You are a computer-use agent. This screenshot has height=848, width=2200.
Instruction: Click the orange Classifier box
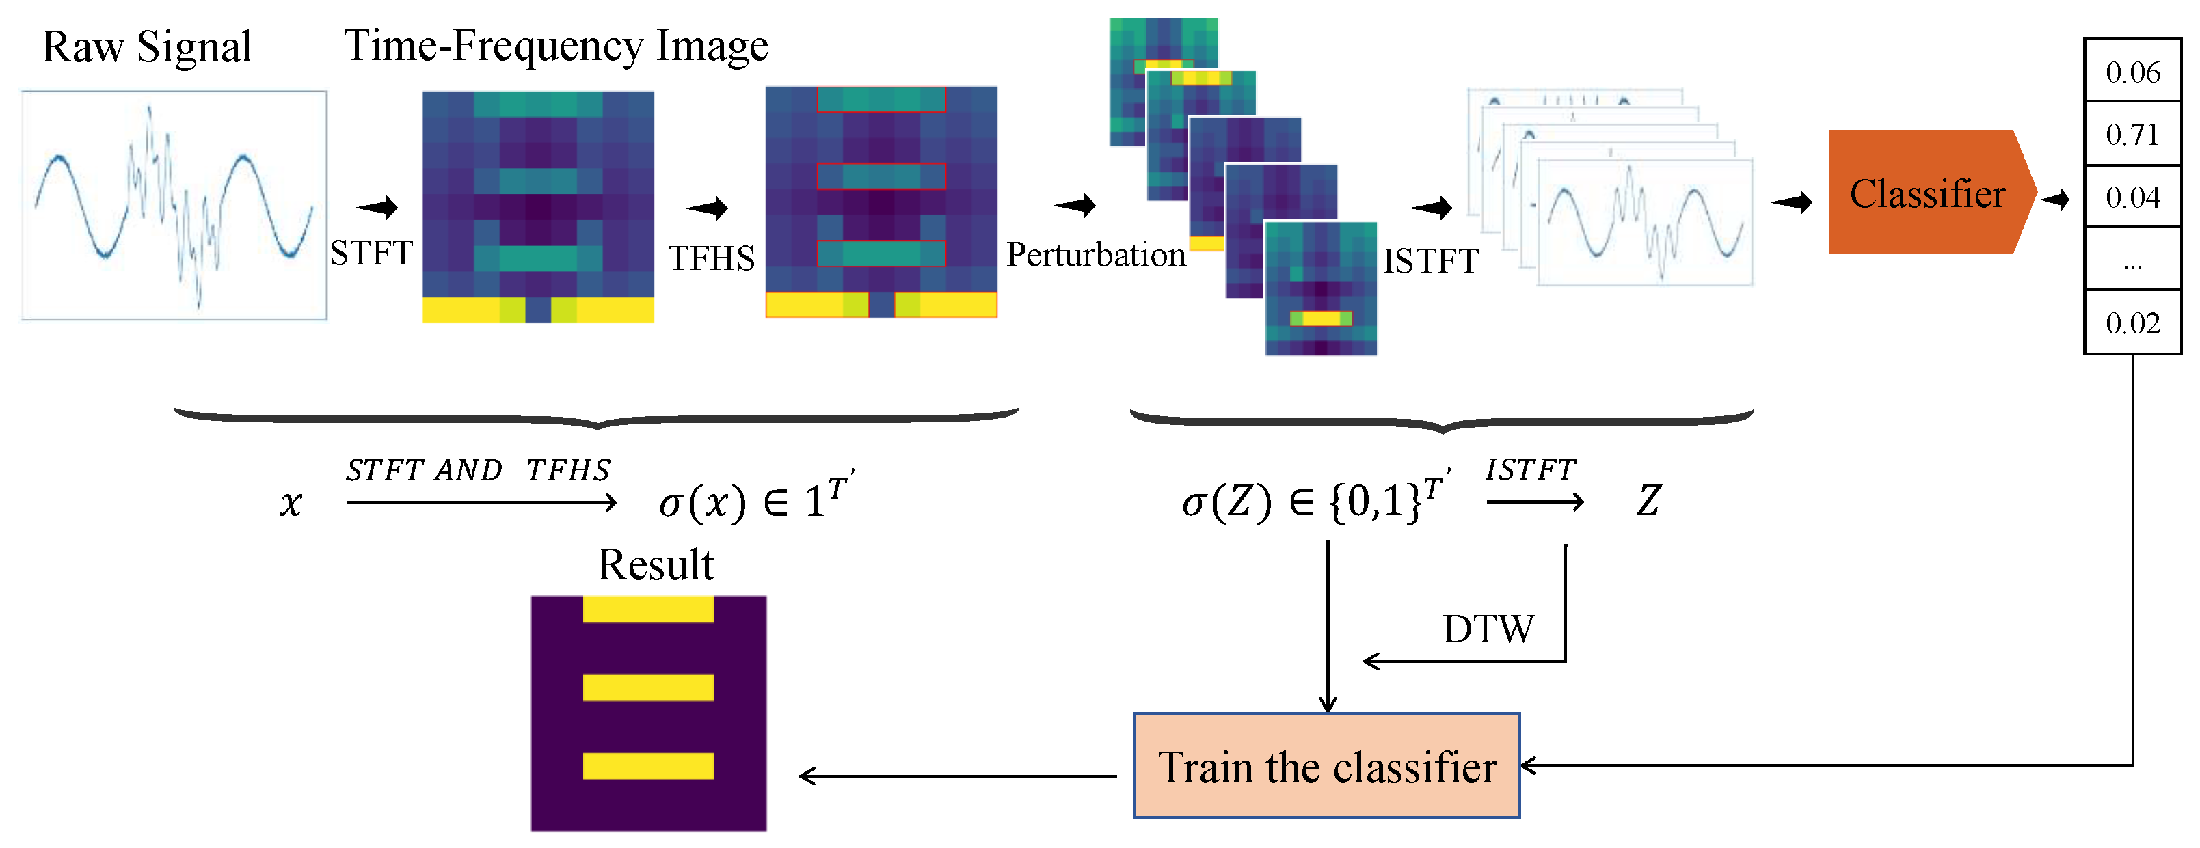1926,193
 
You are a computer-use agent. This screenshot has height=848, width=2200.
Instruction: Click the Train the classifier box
1326,766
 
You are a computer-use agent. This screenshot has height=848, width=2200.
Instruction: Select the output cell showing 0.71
2132,134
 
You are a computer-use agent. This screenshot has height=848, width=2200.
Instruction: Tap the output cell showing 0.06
2132,72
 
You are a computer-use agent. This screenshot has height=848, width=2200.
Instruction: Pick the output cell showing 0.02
2132,323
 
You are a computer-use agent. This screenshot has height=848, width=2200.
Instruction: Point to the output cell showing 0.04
2132,197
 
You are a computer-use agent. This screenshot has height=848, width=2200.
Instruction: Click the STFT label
371,253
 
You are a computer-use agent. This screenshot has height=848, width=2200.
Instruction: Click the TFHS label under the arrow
712,258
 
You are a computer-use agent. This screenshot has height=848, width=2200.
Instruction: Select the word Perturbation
1096,254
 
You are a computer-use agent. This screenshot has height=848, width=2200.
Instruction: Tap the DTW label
1488,629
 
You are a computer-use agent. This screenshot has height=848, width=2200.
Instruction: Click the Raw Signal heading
147,47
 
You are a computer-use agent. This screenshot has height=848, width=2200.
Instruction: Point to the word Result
655,564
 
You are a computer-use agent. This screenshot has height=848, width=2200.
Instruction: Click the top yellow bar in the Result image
648,609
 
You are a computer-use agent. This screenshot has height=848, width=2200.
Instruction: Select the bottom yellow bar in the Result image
648,765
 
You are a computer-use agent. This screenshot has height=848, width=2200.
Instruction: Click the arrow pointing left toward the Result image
956,776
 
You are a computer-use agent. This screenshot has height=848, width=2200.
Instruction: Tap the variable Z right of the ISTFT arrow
1648,500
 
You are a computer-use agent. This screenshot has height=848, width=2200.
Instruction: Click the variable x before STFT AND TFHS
291,503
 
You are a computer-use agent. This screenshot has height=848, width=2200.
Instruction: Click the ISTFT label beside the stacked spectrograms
1430,260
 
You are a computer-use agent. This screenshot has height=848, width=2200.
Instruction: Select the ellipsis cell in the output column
2132,260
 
